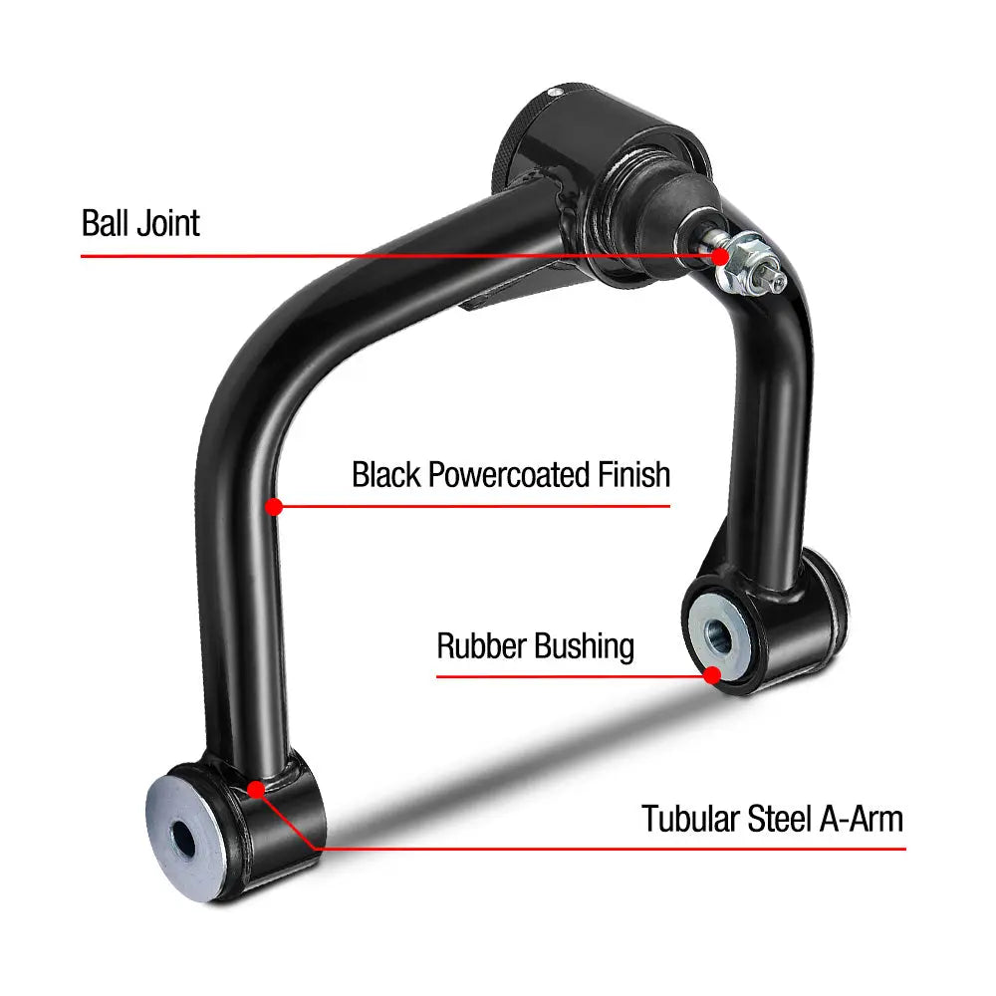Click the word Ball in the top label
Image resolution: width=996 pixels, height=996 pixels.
(105, 223)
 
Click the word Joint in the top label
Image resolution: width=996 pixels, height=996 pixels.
(169, 223)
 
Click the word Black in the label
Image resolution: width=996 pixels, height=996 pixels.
(386, 474)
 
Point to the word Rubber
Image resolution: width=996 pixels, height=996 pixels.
(481, 646)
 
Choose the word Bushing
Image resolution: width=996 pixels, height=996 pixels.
(585, 647)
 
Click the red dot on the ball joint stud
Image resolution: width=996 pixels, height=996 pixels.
(720, 257)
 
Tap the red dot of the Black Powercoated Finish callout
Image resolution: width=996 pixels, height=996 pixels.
(274, 507)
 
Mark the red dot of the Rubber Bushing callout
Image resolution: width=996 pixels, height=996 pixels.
(713, 675)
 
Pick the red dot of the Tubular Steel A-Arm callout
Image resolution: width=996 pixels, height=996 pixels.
(256, 790)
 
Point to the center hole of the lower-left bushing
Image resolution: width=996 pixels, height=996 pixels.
(183, 839)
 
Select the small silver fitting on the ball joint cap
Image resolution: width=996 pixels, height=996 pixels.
(556, 92)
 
